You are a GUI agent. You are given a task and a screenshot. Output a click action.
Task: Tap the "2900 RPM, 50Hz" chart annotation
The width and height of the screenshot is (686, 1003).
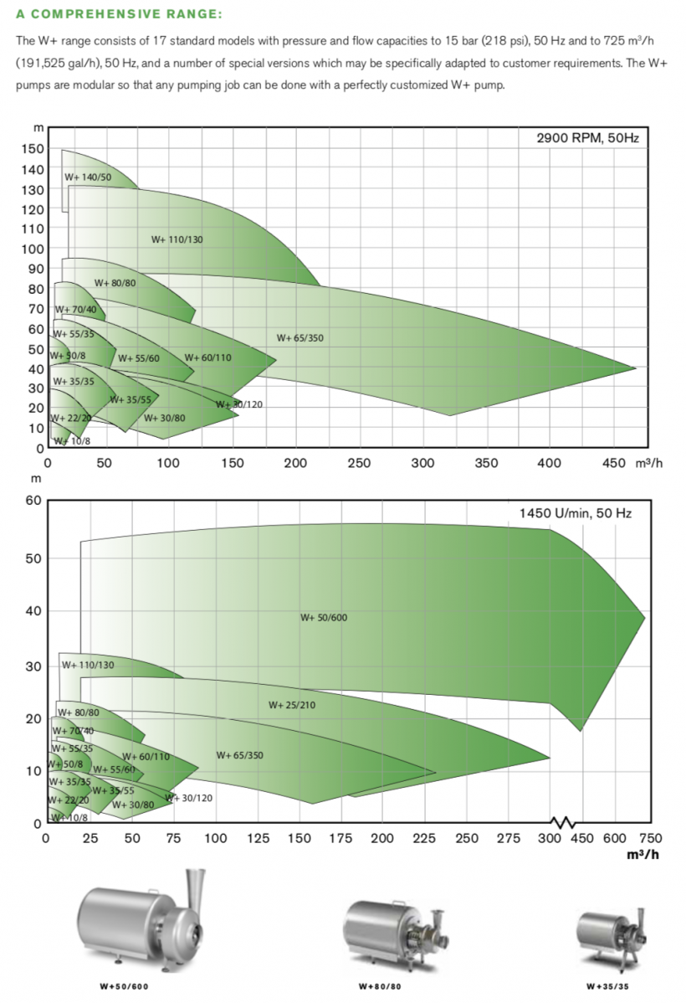(x=586, y=138)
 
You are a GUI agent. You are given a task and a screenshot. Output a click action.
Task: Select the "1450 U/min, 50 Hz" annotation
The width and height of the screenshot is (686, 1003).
(x=575, y=512)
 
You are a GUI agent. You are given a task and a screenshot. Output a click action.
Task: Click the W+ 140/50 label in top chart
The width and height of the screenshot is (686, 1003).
(x=87, y=177)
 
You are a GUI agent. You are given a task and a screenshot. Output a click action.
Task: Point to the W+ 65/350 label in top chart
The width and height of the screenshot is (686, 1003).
(x=299, y=338)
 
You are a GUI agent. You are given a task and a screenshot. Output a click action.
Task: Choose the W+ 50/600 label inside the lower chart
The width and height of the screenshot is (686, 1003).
(x=323, y=617)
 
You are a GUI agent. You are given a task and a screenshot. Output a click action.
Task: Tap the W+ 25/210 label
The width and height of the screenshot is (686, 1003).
(x=292, y=705)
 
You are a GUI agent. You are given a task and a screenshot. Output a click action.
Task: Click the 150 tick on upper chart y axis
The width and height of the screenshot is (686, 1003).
(x=32, y=149)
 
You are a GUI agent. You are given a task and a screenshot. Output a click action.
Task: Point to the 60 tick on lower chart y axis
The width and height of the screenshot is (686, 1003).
(x=33, y=501)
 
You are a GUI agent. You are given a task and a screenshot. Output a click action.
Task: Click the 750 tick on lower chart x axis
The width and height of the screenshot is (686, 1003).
(x=650, y=838)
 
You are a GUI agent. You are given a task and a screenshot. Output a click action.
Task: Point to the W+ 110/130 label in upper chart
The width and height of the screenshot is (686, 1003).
(x=177, y=239)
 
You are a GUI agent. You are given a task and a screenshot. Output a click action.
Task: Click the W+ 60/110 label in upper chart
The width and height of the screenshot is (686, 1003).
(x=207, y=357)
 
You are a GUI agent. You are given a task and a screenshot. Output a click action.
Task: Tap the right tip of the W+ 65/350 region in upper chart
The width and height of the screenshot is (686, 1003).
(x=635, y=368)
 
